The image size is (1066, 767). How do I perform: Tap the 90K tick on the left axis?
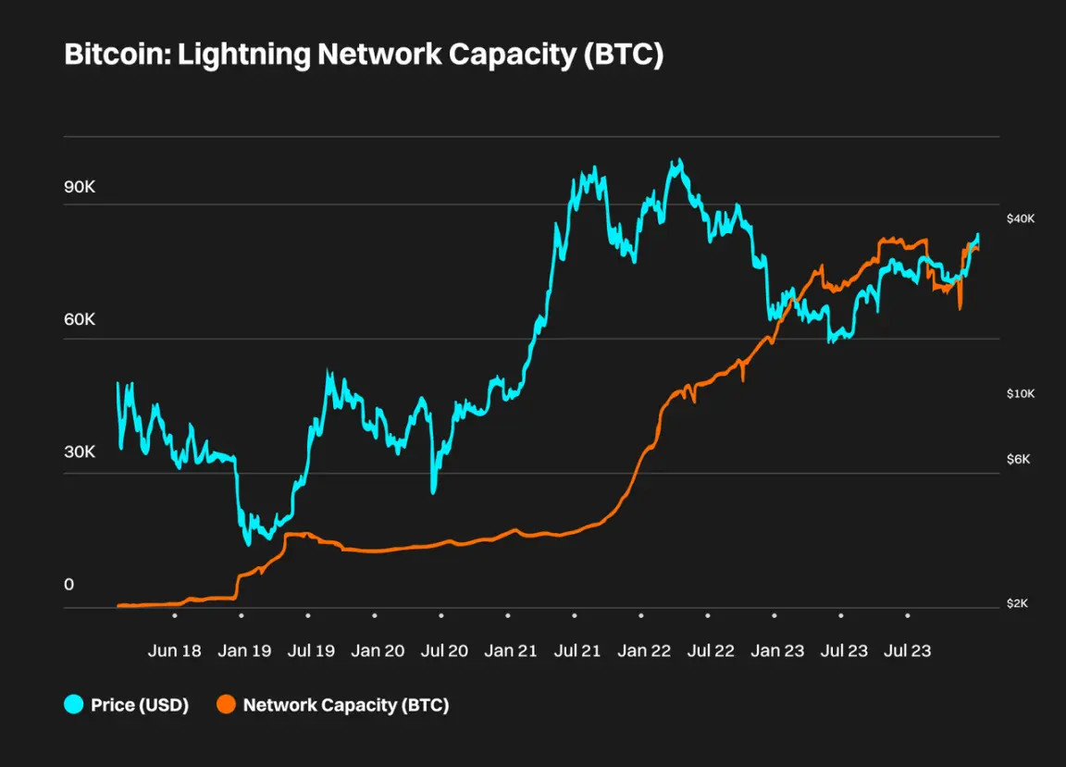80,187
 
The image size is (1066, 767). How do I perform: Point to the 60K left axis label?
80,320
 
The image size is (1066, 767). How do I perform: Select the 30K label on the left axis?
80,452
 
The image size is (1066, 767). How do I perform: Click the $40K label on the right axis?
1022,218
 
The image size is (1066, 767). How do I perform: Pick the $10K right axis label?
1021,394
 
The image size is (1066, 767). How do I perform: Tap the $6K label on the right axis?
1018,460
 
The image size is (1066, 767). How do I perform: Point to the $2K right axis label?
1018,603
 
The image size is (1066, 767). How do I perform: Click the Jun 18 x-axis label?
174,650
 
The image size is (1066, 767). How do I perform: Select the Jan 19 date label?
244,650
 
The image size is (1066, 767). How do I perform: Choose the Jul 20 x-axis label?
444,650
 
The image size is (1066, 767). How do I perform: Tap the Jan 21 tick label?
511,650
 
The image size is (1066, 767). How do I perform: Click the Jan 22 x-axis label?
644,650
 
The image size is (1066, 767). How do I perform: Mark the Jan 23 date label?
777,650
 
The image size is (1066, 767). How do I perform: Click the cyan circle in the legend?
74,705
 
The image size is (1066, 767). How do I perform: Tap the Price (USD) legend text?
140,705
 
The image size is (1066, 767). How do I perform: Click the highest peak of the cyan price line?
678,161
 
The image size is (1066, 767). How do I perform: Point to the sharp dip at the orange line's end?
960,308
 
